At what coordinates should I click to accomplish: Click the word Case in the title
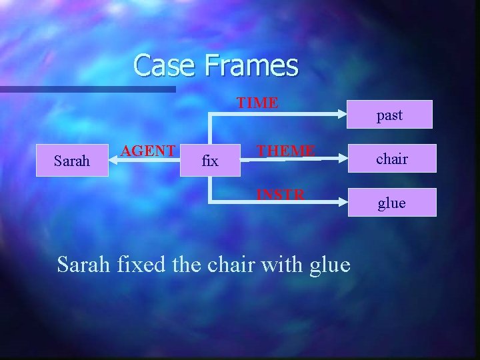(163, 65)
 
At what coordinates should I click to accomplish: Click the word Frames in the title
(252, 65)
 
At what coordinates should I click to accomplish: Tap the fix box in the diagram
(209, 161)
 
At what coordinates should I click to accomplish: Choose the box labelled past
(389, 115)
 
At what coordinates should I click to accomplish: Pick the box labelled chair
(391, 159)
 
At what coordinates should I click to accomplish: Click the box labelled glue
(391, 203)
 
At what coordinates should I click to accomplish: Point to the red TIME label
(258, 103)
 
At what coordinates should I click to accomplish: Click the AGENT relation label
(148, 150)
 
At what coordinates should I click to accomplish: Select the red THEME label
(286, 150)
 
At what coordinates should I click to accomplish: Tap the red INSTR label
(281, 195)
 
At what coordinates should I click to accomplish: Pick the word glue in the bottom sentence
(330, 266)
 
